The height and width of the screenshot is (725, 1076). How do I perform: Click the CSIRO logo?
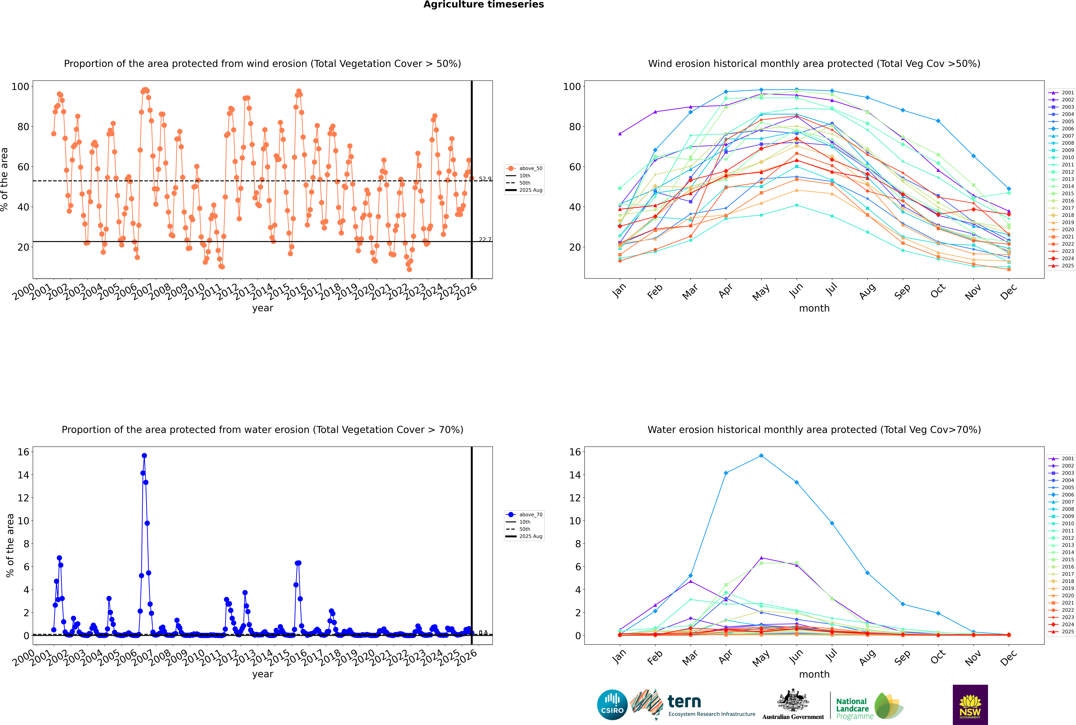pos(612,705)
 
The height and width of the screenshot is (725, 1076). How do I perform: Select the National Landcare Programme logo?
pos(869,706)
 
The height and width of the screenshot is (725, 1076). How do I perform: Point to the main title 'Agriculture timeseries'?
pos(483,5)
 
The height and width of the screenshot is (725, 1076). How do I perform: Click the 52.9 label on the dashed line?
pos(485,179)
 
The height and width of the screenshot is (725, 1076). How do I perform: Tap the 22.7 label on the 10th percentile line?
pos(485,239)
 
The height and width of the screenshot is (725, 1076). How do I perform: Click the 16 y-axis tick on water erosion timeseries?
pos(23,452)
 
